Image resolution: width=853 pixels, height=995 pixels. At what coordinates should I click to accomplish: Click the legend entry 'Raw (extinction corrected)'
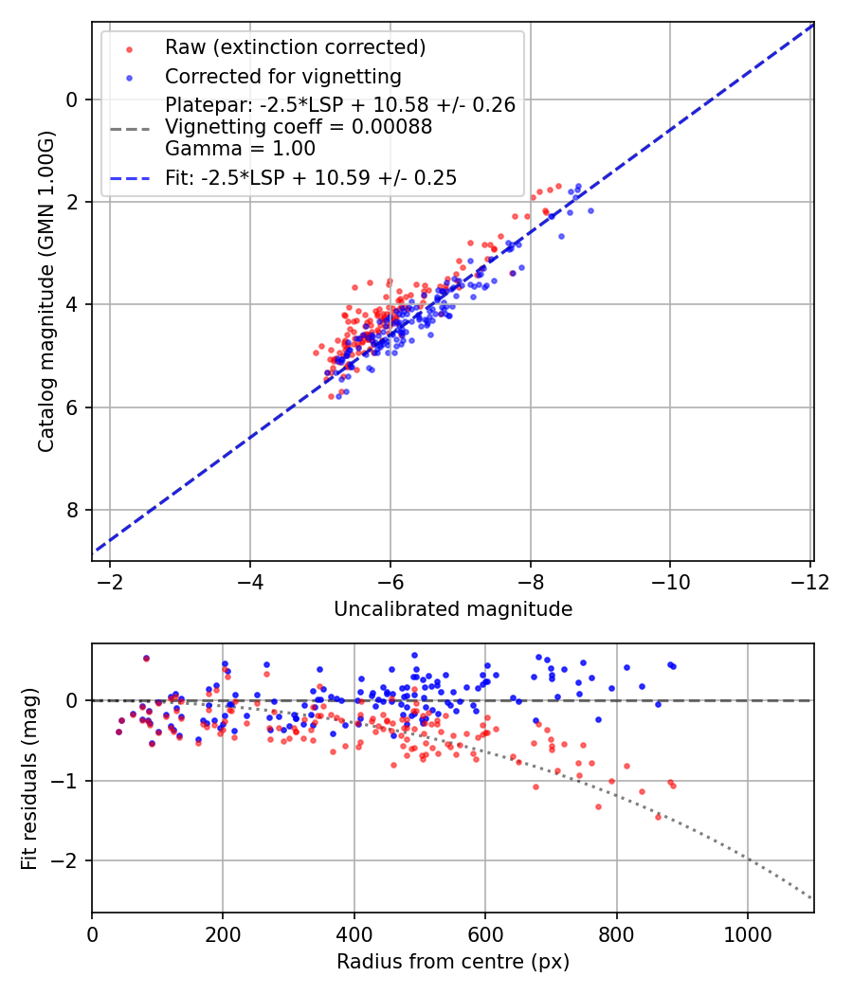coord(295,47)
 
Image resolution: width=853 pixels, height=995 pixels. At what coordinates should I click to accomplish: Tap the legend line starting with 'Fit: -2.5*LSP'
coord(311,177)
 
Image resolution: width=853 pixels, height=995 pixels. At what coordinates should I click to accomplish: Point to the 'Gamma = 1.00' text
coord(240,149)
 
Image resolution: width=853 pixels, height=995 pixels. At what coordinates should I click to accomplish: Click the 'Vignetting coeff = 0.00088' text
coord(299,127)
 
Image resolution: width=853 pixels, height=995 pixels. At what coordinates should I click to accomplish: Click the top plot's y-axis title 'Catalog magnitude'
coord(45,291)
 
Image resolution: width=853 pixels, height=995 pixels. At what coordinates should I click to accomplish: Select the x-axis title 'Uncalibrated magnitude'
coord(453,609)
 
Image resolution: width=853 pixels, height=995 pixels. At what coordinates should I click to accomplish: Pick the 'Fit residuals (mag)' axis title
coord(29,778)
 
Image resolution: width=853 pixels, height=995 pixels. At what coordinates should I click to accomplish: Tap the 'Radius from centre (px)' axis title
coord(453,962)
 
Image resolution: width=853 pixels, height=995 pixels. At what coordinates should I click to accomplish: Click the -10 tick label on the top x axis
coord(670,580)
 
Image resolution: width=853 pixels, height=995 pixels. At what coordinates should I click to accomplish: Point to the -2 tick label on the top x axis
coord(110,580)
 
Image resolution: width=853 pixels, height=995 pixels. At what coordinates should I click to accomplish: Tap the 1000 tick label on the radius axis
coord(748,932)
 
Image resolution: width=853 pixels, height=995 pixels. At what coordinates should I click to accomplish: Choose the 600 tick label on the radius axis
coord(485,932)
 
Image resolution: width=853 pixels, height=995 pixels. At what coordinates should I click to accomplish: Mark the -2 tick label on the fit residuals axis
coord(69,861)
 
